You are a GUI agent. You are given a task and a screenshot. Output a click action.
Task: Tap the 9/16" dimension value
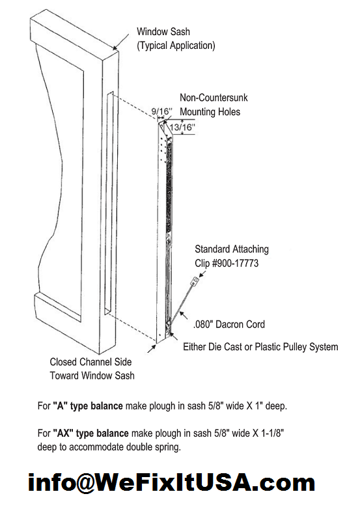pos(161,112)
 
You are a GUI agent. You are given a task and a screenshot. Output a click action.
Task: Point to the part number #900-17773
pos(231,264)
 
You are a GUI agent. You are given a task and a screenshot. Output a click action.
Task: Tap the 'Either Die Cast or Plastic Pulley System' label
pos(260,347)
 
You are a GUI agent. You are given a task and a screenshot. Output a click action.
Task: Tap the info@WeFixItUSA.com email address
pos(171,484)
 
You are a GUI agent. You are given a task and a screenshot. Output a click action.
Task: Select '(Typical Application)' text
pos(175,46)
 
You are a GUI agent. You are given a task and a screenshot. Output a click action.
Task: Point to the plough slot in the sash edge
pos(108,202)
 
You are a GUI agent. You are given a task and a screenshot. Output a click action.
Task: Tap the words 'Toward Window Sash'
pos(92,376)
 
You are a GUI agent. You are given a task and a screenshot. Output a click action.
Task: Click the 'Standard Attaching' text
pos(232,249)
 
